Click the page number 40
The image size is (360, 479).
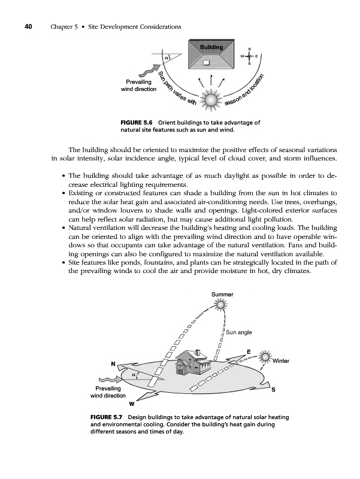pyautogui.click(x=28, y=26)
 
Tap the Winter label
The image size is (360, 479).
pyautogui.click(x=281, y=361)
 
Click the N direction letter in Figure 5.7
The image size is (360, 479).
pyautogui.click(x=112, y=363)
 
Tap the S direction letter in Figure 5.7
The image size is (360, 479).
pyautogui.click(x=273, y=390)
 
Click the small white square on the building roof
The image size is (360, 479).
pyautogui.click(x=206, y=61)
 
